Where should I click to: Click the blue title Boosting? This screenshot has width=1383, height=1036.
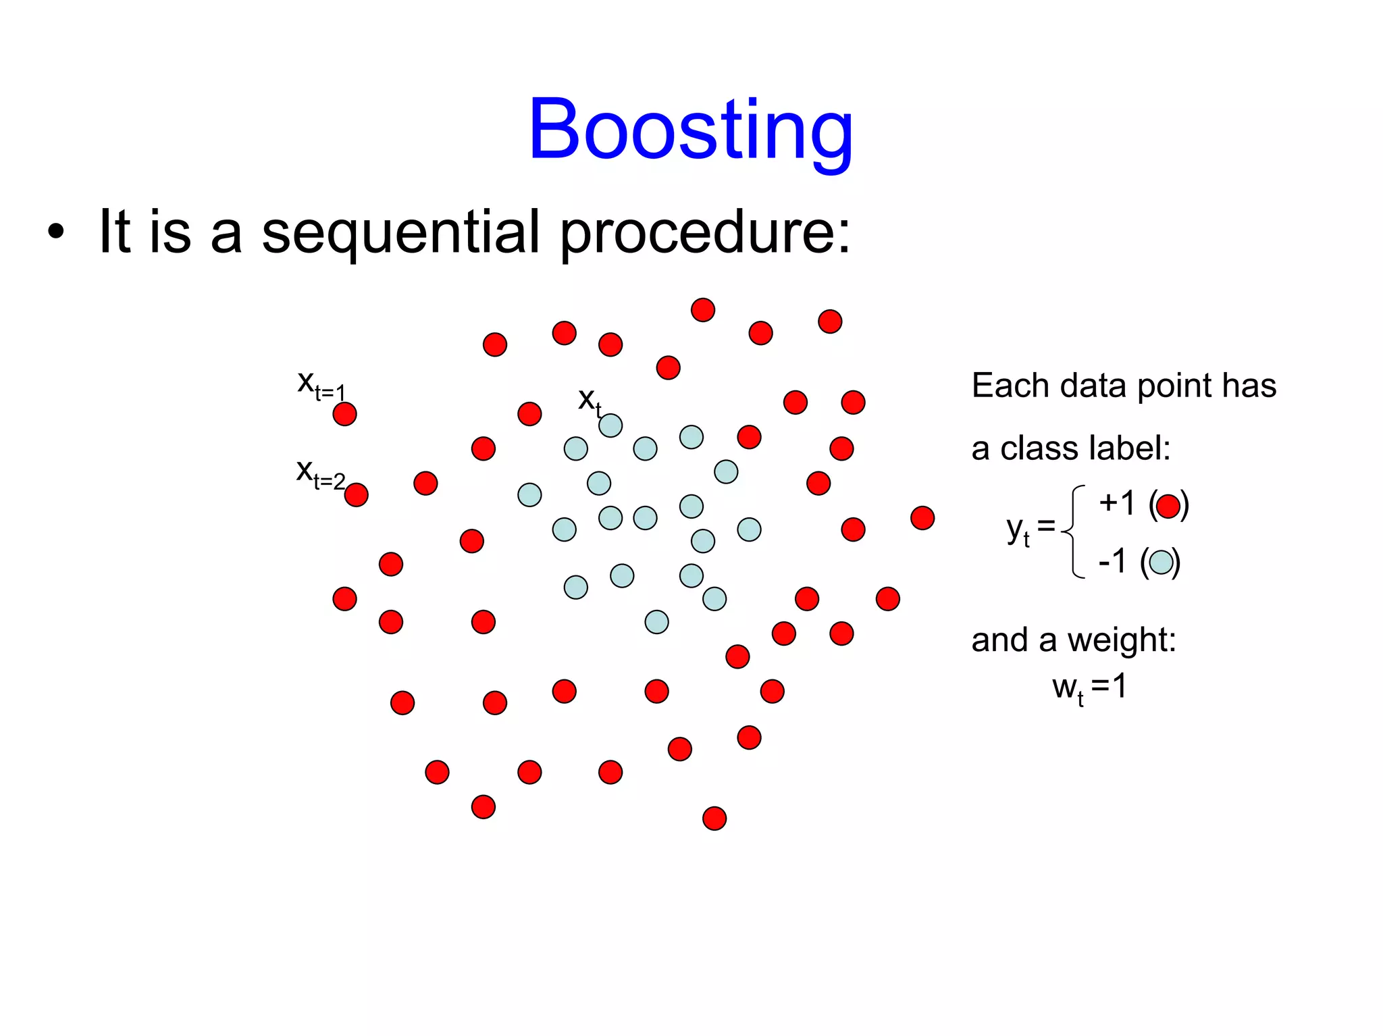(x=690, y=130)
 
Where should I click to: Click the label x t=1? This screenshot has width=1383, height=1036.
(x=321, y=385)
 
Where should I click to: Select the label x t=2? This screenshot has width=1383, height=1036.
(x=320, y=473)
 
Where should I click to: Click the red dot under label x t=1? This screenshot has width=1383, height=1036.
(x=344, y=414)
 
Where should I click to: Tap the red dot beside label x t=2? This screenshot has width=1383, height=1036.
(x=357, y=495)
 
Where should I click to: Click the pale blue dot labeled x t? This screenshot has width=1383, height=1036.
(x=610, y=425)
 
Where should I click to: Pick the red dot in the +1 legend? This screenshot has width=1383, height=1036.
(x=1168, y=506)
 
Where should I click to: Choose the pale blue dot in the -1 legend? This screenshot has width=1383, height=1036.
(x=1161, y=562)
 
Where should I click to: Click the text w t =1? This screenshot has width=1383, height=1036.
(x=1089, y=688)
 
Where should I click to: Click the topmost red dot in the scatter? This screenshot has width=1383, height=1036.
(x=703, y=310)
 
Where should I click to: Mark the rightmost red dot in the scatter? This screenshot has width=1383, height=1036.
(x=922, y=518)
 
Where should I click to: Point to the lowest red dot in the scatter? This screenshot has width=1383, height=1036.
(x=714, y=819)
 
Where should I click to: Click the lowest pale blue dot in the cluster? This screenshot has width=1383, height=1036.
(x=656, y=622)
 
